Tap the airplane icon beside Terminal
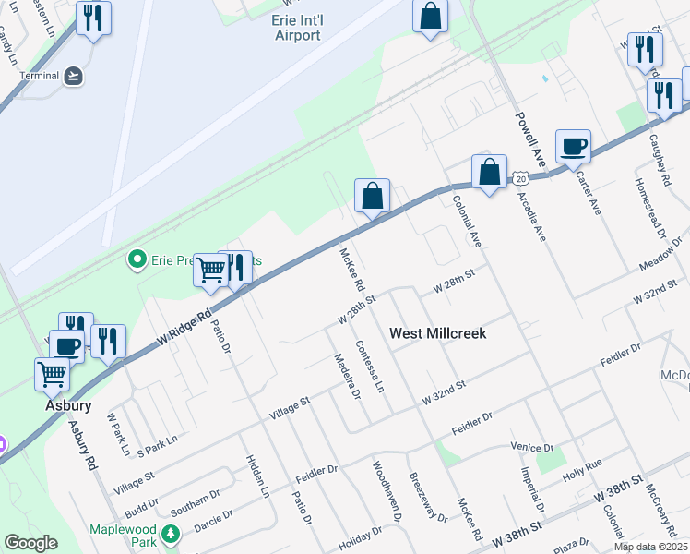point(75,76)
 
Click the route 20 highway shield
point(521,176)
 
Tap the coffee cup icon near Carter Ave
point(573,146)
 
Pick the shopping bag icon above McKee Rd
point(372,196)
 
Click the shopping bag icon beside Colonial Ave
point(489,171)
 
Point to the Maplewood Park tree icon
point(170,533)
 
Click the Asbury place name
point(68,404)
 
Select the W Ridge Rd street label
point(184,328)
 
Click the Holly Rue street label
point(582,464)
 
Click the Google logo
point(30,543)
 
